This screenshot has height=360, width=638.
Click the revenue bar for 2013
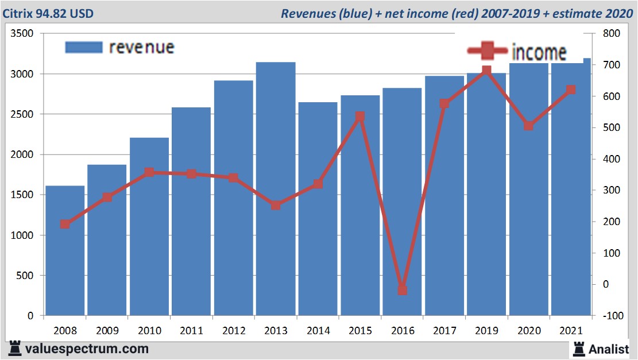coord(276,189)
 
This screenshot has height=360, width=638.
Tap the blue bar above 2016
coord(402,201)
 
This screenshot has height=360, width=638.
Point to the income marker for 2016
coord(402,290)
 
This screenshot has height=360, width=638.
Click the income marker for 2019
coord(486,71)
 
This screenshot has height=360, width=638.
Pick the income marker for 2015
coord(360,117)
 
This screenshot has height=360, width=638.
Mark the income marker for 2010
coord(149,172)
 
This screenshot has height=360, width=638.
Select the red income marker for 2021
coord(571,90)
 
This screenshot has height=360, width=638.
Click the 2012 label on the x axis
coord(233,331)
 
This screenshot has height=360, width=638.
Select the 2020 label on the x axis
coord(528,331)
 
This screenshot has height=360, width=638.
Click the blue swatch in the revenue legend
coord(84,47)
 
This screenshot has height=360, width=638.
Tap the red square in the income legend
coord(487,51)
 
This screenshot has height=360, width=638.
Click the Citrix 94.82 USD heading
coord(48,13)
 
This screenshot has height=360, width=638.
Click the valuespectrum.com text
coord(86,348)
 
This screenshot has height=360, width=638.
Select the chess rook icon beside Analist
coord(578,348)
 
